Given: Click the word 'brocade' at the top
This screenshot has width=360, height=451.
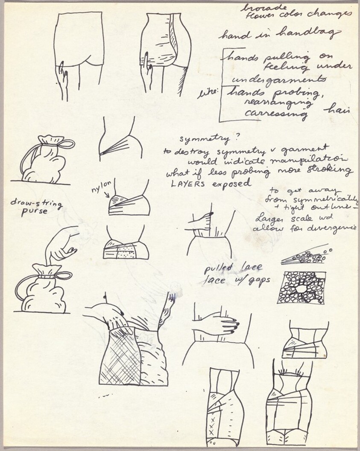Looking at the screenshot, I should [257, 7].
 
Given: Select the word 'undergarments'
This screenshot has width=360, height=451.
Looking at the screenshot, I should [279, 79].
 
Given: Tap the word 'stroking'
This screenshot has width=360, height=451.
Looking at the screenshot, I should [331, 172].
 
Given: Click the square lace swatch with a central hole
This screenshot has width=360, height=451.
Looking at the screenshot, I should [301, 288].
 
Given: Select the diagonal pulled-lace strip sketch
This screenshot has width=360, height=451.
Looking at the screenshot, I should [304, 255].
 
